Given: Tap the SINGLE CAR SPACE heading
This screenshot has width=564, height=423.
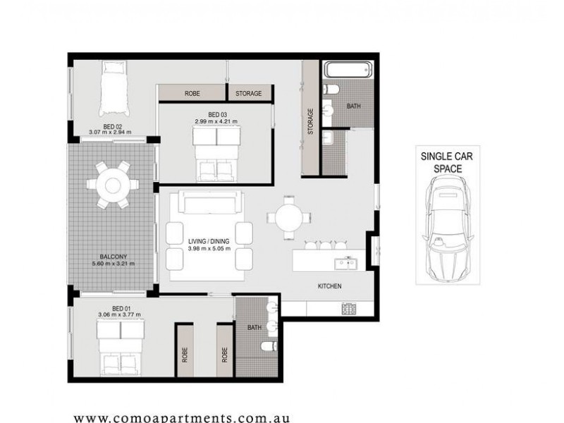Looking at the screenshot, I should pos(441,162).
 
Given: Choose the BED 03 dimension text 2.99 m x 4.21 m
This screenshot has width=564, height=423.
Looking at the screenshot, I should pos(216,122).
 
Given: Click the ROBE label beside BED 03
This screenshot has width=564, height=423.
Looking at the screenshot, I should pos(192,93).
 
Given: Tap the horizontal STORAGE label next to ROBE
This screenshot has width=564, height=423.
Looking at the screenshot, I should pos(248,93).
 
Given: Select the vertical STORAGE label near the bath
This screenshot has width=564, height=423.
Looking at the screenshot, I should pos(311,121).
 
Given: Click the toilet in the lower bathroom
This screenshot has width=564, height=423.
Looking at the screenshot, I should pos(269,347).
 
